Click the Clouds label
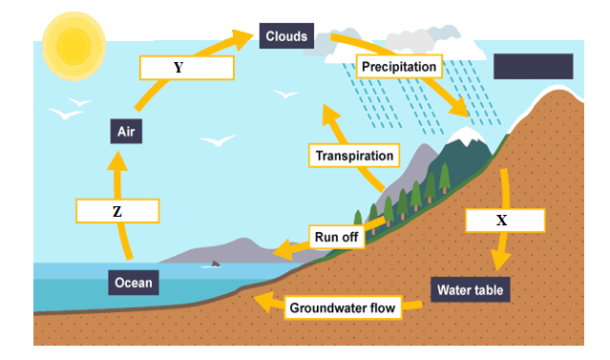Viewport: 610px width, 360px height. tap(286, 37)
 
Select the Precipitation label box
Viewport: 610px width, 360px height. tap(398, 67)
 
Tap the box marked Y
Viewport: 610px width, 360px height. tap(185, 68)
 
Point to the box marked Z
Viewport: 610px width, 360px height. tap(116, 212)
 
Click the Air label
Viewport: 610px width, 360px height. tap(126, 131)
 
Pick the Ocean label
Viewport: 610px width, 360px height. tap(133, 283)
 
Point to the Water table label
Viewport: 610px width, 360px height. tap(470, 288)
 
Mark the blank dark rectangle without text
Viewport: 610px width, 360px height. tap(533, 66)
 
